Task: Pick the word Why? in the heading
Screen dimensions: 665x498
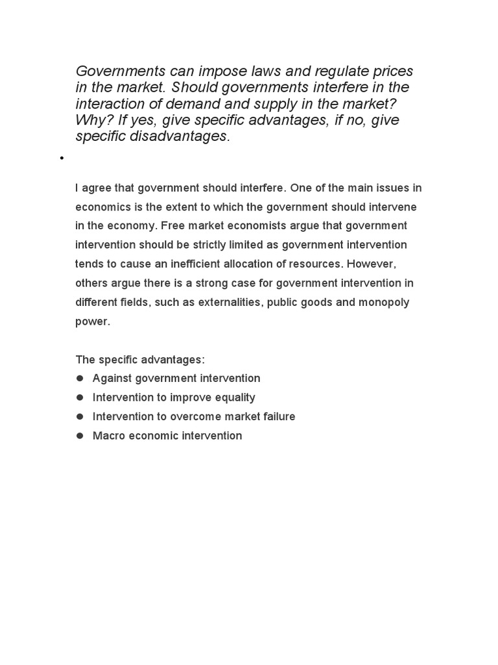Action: (x=91, y=120)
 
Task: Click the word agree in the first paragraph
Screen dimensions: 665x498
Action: (x=97, y=188)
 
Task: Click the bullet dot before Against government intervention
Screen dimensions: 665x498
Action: (x=80, y=378)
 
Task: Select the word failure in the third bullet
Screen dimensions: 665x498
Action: (x=273, y=416)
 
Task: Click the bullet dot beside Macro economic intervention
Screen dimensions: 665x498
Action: (x=80, y=436)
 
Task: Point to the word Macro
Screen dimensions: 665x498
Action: (x=107, y=436)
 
